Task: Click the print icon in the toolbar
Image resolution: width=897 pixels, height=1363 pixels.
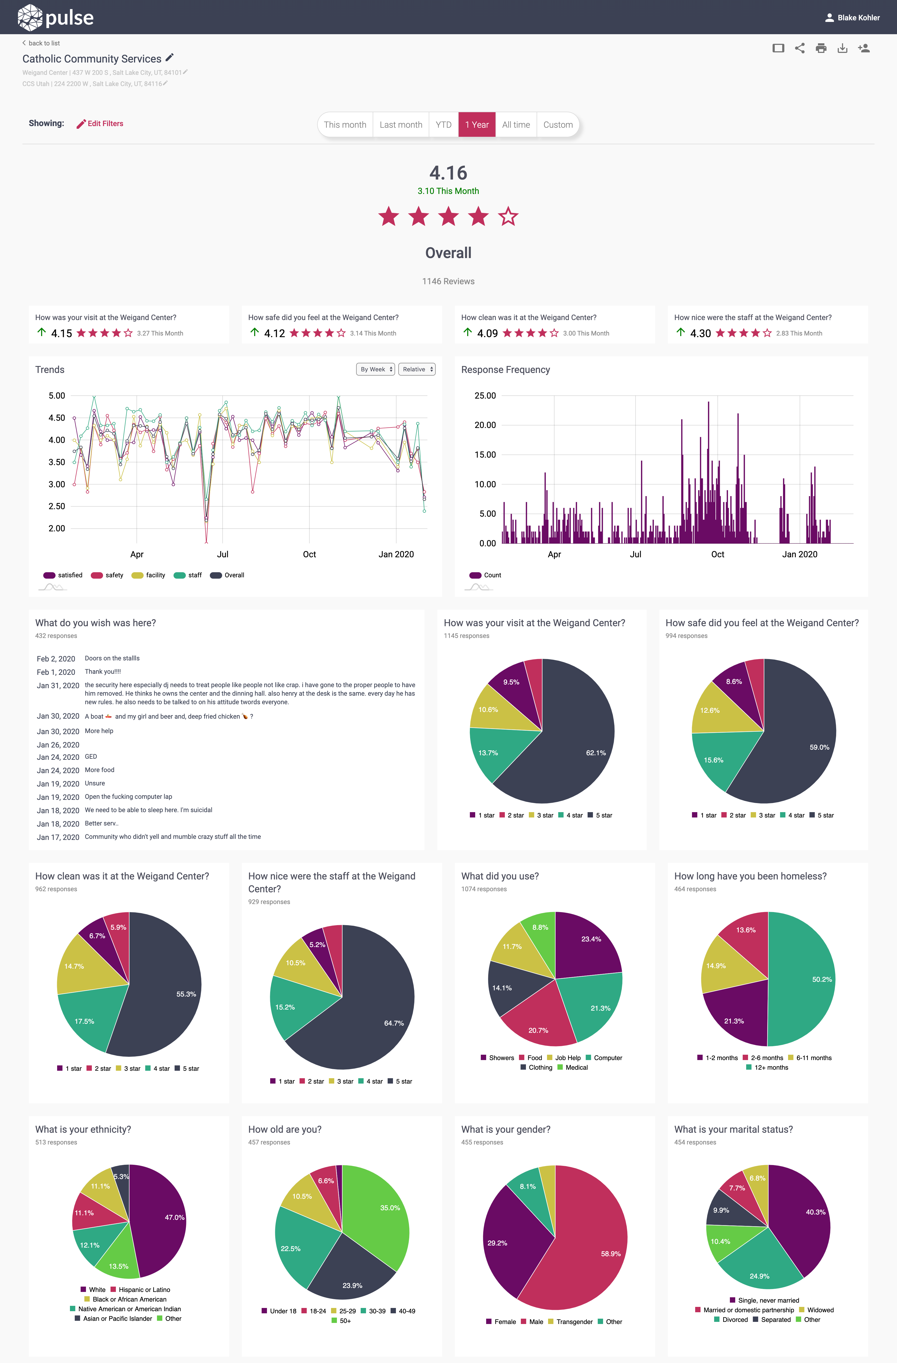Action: coord(821,48)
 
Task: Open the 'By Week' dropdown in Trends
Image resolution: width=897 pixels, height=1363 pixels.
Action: coord(376,369)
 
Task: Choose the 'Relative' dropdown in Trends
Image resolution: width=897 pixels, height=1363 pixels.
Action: coord(417,369)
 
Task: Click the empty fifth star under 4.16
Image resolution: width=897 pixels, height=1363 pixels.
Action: coord(508,217)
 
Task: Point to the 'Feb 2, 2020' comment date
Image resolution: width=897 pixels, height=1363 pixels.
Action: coord(56,659)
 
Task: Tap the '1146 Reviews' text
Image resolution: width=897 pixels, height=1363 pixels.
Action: coord(448,281)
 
